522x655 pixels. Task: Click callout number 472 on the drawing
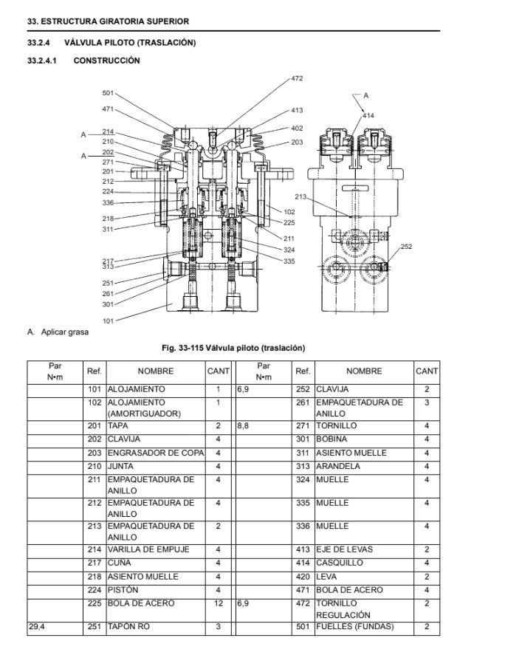point(296,78)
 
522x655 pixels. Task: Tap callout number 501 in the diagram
point(108,93)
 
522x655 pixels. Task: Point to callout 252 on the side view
point(406,246)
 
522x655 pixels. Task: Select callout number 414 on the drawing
point(368,116)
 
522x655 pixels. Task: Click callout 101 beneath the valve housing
point(108,320)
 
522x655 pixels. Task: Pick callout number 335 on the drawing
point(289,261)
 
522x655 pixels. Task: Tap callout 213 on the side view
point(300,196)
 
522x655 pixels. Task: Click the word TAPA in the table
point(118,426)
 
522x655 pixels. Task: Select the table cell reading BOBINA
point(332,439)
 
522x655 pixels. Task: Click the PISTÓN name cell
point(123,590)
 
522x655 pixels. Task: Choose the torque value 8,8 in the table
point(244,426)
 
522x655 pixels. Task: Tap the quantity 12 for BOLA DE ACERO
point(219,603)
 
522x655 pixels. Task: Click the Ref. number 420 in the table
point(302,577)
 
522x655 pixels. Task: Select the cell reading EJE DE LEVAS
point(344,549)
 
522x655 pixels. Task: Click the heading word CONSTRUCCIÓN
point(106,61)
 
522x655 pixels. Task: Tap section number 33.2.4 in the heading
point(38,43)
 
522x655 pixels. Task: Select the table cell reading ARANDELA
point(338,466)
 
